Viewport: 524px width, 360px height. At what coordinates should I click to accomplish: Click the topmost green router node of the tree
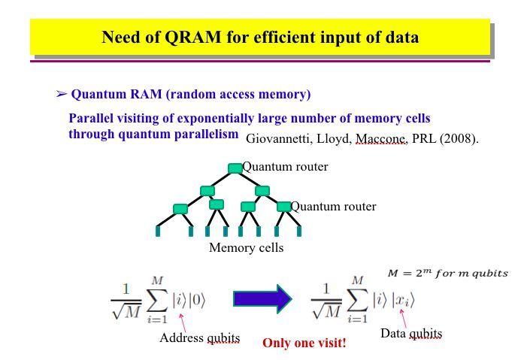[x=235, y=168]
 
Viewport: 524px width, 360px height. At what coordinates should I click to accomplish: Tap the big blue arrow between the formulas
[x=262, y=298]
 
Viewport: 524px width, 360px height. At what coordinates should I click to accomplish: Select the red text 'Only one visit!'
[x=304, y=343]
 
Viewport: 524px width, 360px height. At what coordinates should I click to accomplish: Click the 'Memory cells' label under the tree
[x=246, y=247]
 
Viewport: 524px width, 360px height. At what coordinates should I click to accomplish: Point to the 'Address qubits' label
[x=199, y=337]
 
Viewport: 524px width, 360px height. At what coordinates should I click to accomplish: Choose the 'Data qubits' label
[x=411, y=333]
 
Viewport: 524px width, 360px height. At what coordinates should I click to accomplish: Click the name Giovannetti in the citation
[x=280, y=139]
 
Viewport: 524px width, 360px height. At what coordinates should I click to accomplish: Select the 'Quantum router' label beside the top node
[x=285, y=167]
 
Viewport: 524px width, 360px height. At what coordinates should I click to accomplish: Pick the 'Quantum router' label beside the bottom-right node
[x=333, y=206]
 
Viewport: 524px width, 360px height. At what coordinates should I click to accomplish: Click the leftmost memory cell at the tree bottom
[x=158, y=231]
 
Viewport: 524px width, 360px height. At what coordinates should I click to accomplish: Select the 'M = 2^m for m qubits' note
[x=447, y=273]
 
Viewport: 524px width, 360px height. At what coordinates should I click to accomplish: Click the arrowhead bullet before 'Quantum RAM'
[x=62, y=95]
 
